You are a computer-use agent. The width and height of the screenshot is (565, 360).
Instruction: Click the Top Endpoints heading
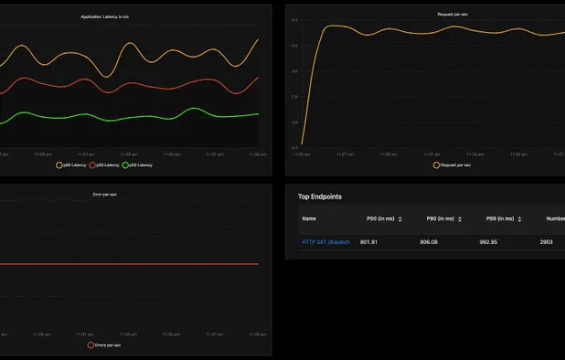point(327,196)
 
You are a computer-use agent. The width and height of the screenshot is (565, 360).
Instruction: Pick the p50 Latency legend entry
point(138,165)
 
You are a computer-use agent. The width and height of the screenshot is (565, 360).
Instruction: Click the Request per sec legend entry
point(453,165)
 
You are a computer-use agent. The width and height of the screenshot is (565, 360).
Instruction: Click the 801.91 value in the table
point(369,242)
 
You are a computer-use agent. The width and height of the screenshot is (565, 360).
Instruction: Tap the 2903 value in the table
point(547,242)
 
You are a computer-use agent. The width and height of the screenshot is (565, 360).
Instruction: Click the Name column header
point(309,219)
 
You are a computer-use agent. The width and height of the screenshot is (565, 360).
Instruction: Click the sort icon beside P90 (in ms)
point(460,219)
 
